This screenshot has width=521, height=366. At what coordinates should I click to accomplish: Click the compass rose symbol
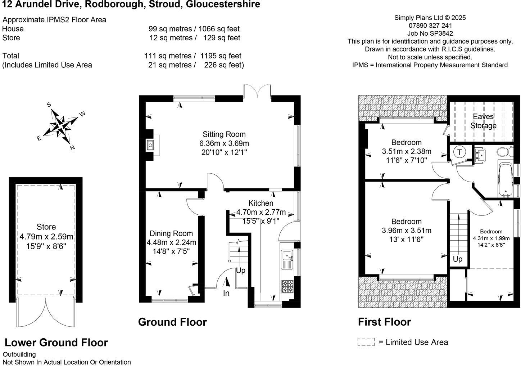(x=62, y=126)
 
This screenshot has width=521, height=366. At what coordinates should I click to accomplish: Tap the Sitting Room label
(x=224, y=134)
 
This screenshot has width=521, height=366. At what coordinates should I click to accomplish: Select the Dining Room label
(x=171, y=233)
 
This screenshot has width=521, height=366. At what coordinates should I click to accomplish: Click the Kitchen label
(x=260, y=203)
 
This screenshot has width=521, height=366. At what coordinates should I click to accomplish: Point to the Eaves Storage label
(x=483, y=121)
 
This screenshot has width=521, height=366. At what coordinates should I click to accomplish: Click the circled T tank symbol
(x=459, y=152)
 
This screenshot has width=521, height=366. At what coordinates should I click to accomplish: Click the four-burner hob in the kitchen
(x=287, y=286)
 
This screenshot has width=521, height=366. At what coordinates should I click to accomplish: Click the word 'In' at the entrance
(x=226, y=293)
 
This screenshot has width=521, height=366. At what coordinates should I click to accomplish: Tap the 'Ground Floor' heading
(x=172, y=322)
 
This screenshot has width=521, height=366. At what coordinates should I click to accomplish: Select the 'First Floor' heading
(x=384, y=322)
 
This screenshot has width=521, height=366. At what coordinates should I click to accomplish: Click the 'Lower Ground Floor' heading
(x=56, y=343)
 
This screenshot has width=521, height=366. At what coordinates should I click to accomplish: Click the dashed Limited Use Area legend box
(x=366, y=342)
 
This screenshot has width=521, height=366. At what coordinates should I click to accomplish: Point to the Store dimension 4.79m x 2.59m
(x=46, y=237)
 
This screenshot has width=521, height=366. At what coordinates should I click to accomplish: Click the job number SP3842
(x=430, y=34)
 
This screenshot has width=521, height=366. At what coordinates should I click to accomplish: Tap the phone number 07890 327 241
(x=430, y=26)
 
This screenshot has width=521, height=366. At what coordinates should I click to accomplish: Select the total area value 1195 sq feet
(x=221, y=56)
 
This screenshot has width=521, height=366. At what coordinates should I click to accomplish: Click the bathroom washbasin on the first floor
(x=480, y=155)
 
